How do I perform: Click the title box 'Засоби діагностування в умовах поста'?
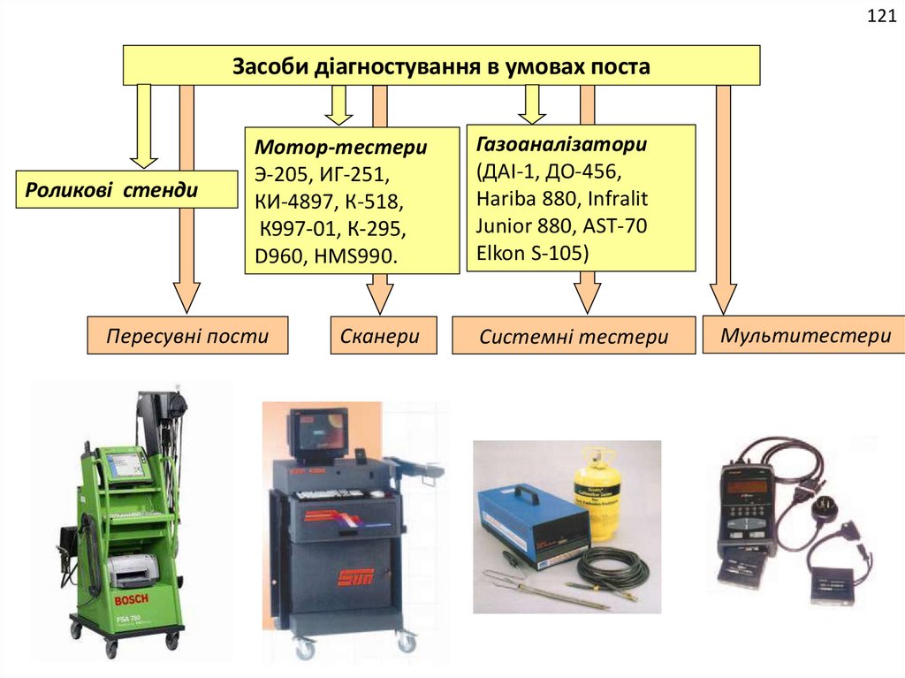click(x=440, y=66)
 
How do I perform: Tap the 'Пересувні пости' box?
click(x=187, y=336)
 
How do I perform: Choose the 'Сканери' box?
click(x=384, y=336)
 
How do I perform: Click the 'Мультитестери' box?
click(x=803, y=335)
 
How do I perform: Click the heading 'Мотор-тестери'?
click(x=340, y=147)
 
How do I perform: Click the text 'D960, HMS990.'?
click(x=327, y=256)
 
